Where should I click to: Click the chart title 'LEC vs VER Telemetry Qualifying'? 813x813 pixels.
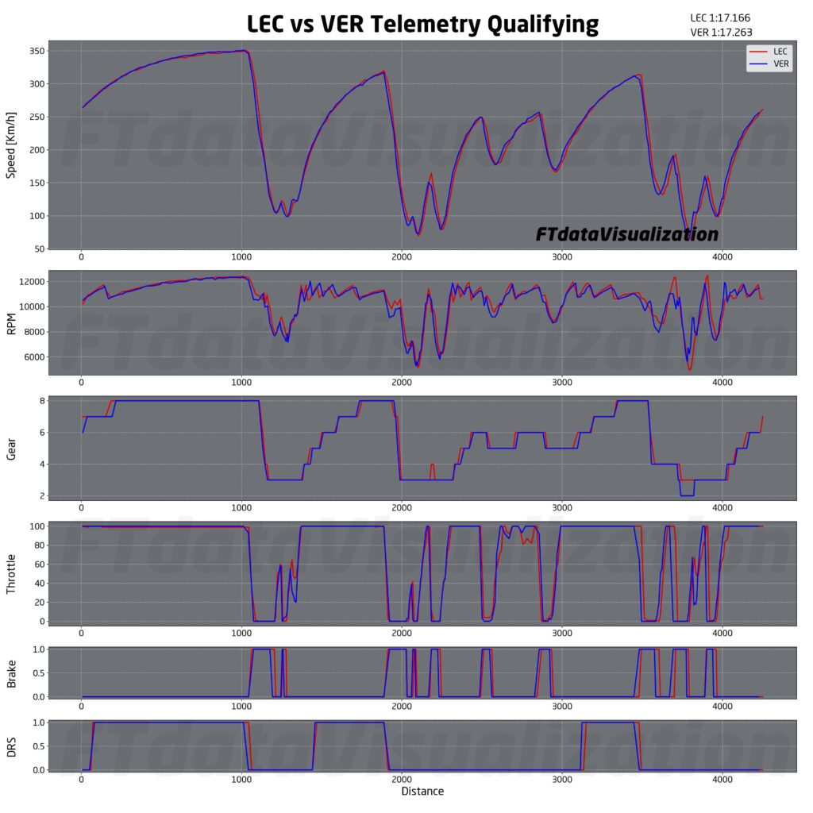click(x=422, y=24)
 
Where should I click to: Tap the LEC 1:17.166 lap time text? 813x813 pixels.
click(x=722, y=17)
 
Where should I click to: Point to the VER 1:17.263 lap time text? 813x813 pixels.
click(x=722, y=33)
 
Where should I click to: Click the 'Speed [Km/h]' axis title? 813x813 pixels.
click(x=12, y=145)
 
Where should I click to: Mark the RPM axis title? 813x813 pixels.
click(x=12, y=323)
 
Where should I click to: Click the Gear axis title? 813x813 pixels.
click(x=12, y=449)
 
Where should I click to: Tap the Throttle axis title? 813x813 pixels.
click(x=12, y=574)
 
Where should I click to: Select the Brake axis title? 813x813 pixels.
click(x=12, y=673)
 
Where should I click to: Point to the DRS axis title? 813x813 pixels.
click(x=12, y=746)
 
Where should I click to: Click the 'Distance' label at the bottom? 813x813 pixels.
click(x=422, y=792)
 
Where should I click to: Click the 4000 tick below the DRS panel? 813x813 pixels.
click(x=722, y=780)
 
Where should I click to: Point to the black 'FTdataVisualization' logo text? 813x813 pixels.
click(x=627, y=234)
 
